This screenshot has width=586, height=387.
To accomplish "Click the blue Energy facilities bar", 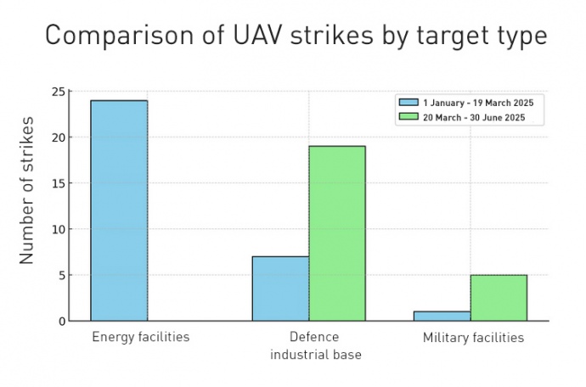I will [x=119, y=210].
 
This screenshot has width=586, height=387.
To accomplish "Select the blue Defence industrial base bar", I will [x=280, y=289].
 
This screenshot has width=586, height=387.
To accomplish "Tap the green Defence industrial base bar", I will [x=337, y=233].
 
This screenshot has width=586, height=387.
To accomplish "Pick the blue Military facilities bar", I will [x=442, y=316].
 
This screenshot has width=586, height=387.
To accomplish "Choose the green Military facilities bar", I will [x=499, y=298].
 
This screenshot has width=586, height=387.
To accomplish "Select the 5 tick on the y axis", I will [x=59, y=275].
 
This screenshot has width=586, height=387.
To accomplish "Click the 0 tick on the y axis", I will [x=59, y=321].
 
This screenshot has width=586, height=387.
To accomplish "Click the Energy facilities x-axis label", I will [x=140, y=338].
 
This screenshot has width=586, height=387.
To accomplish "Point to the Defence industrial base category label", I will [x=315, y=345].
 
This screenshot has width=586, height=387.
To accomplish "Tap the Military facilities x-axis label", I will [x=473, y=338].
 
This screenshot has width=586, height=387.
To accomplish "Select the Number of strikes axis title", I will [x=27, y=189].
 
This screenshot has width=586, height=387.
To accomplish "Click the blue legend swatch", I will [x=409, y=103].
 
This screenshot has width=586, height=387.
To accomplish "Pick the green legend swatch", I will [x=409, y=117].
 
